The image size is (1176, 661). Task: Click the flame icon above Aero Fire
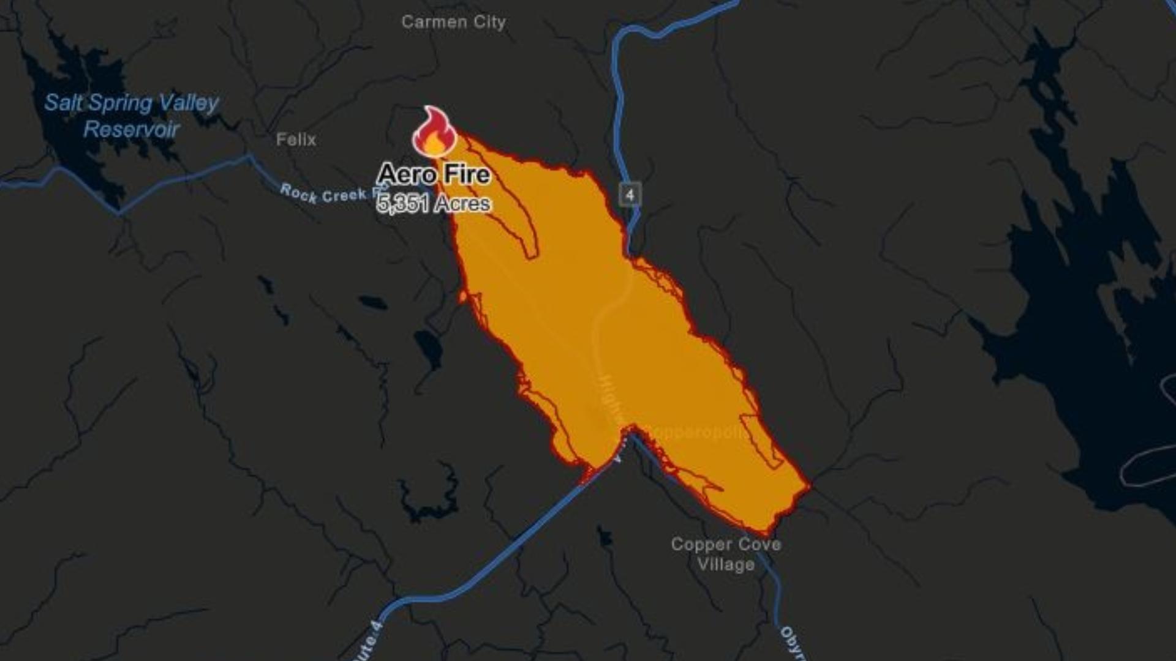tap(434, 132)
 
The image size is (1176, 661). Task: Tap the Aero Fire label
tap(434, 174)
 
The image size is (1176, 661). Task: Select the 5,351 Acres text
tap(434, 203)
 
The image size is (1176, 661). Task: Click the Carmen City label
tap(453, 23)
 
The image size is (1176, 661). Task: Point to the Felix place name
tap(296, 140)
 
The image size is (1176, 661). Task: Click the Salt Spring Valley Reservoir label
tap(131, 116)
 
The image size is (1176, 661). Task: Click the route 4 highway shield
tap(630, 195)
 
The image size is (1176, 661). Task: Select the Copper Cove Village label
tap(726, 555)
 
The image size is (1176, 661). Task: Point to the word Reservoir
tap(131, 130)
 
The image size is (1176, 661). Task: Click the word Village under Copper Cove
tap(726, 565)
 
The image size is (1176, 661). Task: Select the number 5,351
tap(402, 203)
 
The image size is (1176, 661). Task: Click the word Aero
tap(407, 174)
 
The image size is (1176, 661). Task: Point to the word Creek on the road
tap(345, 196)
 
